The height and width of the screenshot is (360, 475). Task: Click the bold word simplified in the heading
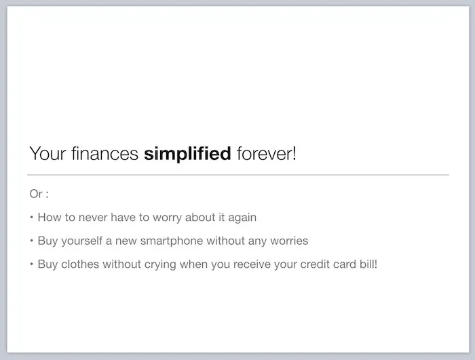click(187, 154)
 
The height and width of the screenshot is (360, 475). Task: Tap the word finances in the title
click(104, 153)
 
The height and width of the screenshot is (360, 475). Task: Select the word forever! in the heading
click(266, 153)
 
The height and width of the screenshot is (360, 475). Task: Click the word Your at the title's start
click(47, 153)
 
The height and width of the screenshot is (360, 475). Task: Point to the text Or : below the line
click(39, 194)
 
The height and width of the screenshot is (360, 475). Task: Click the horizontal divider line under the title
click(238, 175)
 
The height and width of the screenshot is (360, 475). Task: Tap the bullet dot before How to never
click(31, 217)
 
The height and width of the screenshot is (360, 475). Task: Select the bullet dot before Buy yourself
click(31, 241)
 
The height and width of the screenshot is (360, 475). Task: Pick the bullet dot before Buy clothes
click(31, 264)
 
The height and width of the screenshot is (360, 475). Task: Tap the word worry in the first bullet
click(167, 218)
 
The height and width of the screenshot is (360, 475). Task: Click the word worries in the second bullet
click(289, 241)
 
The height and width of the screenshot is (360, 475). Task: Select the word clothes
click(80, 264)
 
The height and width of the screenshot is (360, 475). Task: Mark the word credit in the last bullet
click(315, 264)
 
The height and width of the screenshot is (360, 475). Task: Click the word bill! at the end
click(368, 264)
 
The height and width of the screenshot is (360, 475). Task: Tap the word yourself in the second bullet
click(82, 241)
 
